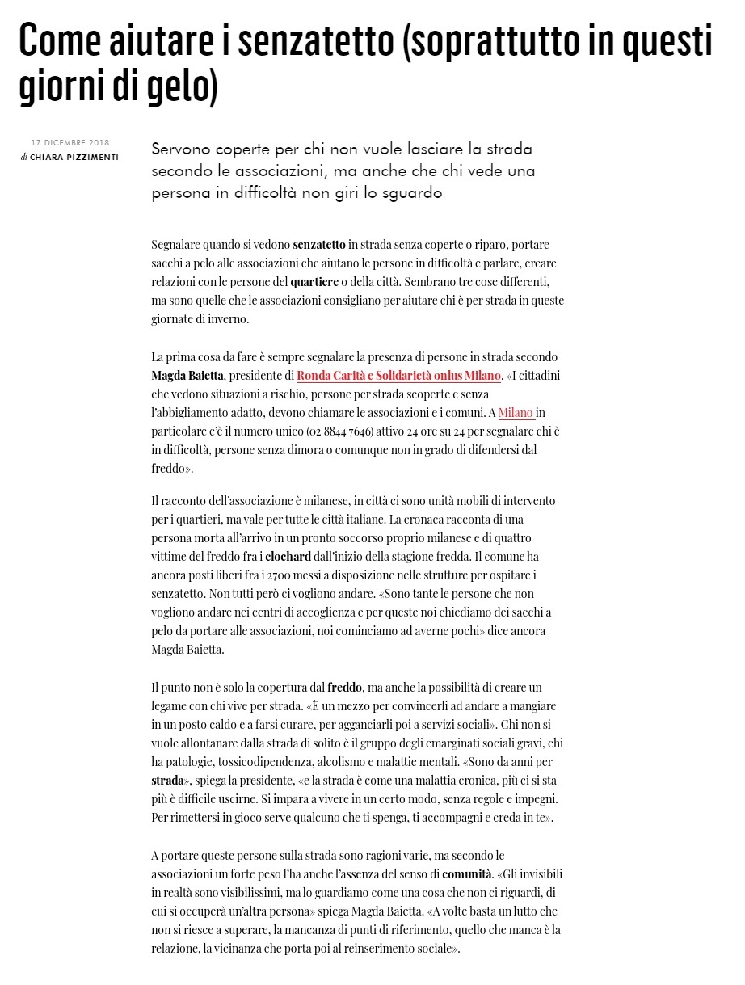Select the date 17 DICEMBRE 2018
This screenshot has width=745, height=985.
coord(70,143)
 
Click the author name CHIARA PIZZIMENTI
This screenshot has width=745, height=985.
coord(74,157)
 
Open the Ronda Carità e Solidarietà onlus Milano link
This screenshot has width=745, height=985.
coord(398,376)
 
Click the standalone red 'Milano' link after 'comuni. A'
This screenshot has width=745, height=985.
coord(516,413)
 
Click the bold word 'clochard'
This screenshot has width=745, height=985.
coord(288,556)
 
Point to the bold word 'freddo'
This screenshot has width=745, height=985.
coord(345,688)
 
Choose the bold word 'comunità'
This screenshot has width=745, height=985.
coord(467,873)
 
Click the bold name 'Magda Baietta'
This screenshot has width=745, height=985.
coord(187,376)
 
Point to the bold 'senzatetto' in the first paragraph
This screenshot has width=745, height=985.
coord(319,244)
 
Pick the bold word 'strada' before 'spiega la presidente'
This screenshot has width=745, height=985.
coord(167,781)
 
